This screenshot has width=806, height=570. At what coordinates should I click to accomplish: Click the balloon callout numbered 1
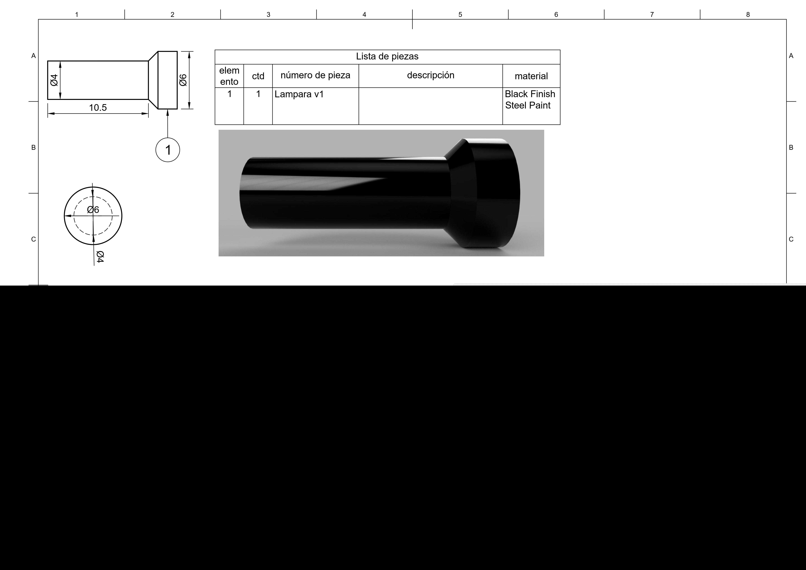(168, 150)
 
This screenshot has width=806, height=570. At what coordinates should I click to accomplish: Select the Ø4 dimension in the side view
(54, 80)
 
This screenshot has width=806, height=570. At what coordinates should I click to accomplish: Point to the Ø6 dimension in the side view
(183, 80)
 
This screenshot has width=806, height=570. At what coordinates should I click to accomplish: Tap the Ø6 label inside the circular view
(93, 210)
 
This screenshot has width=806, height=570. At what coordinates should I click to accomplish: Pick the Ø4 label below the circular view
(100, 257)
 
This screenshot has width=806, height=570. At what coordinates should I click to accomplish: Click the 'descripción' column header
(430, 75)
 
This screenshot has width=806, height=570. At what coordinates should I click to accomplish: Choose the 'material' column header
(531, 76)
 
